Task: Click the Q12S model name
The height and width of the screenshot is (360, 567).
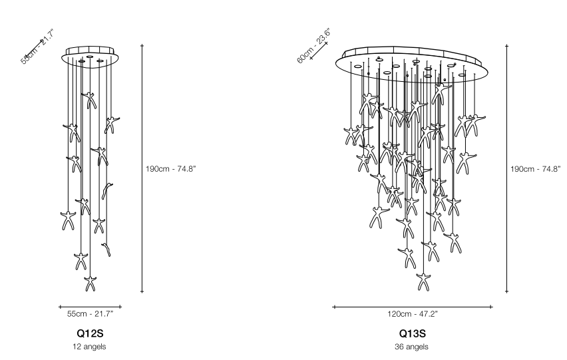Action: (x=90, y=333)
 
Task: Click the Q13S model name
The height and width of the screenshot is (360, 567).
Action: (x=412, y=333)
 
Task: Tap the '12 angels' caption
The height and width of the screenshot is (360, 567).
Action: (x=90, y=346)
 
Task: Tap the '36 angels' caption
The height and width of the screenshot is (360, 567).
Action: (x=412, y=346)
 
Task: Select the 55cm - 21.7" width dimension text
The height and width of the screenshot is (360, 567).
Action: (x=90, y=313)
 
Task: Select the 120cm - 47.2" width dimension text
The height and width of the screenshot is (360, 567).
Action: (x=413, y=313)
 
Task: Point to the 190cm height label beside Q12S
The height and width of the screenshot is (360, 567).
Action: (x=170, y=168)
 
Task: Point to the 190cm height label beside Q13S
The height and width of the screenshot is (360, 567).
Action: (x=536, y=168)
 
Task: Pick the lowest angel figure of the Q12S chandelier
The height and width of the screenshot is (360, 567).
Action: (x=91, y=283)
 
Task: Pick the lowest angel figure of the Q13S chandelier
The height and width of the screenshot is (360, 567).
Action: (x=421, y=281)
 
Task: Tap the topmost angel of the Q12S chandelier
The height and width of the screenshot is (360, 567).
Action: (x=89, y=100)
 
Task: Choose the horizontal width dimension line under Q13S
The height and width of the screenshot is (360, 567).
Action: (x=413, y=307)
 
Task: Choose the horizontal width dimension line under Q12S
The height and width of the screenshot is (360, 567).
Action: (x=90, y=307)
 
